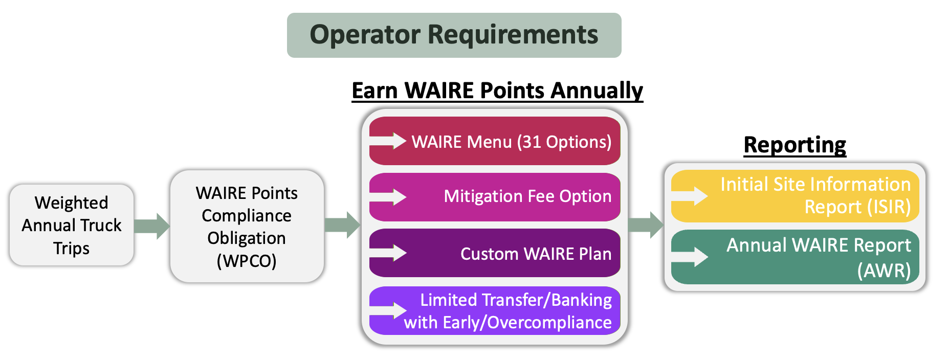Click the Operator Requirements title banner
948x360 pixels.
coord(454,35)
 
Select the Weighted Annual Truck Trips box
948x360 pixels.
coord(72,225)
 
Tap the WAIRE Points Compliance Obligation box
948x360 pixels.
coord(247,226)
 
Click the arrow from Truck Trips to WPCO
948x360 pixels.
coord(152,226)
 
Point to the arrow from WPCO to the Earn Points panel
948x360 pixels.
coord(343,225)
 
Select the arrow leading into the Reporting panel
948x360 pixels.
coord(646,225)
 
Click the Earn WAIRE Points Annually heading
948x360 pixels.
coord(497,91)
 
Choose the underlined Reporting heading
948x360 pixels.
coord(795,145)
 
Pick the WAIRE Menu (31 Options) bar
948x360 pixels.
coord(495,141)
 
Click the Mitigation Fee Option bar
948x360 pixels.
coord(495,197)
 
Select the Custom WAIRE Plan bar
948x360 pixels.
coord(495,253)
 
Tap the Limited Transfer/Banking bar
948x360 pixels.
coord(495,311)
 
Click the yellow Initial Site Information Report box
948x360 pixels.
coord(795,196)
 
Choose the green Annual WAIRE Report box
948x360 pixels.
coord(795,257)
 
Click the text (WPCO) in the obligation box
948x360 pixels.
coord(247,261)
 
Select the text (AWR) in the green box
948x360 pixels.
coord(884,271)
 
